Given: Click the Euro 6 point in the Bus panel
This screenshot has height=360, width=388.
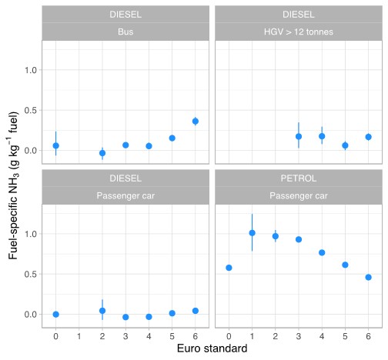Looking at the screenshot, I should [x=196, y=121].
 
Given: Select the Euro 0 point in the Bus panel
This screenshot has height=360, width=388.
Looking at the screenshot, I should [x=55, y=145].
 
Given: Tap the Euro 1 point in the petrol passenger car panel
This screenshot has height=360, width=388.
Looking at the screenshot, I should [x=252, y=232].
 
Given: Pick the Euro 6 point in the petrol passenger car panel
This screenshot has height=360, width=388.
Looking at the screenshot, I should [x=368, y=277].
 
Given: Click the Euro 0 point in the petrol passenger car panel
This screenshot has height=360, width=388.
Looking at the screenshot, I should [x=229, y=268].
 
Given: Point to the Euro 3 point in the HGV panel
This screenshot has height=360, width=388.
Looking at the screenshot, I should [x=299, y=136].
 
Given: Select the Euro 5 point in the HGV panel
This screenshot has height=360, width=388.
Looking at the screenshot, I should [x=345, y=145].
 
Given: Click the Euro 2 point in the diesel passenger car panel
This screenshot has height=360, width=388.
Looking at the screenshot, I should [x=102, y=311].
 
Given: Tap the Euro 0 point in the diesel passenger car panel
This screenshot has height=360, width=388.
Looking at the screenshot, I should [x=55, y=314].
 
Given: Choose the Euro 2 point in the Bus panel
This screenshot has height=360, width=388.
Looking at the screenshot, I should [x=102, y=153].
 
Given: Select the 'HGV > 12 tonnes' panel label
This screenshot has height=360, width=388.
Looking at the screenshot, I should [x=298, y=32].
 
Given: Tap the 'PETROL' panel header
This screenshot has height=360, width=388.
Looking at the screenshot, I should [x=298, y=178].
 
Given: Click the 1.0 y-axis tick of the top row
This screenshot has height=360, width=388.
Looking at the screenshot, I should [x=31, y=70].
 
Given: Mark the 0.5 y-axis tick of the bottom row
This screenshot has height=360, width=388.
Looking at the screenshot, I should [x=31, y=274].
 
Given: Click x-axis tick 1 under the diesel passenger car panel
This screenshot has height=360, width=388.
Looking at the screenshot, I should [x=79, y=336].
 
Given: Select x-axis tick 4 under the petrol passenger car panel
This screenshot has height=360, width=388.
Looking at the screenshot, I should [x=322, y=336].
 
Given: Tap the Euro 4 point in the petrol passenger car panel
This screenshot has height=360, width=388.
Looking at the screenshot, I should [x=322, y=252].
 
